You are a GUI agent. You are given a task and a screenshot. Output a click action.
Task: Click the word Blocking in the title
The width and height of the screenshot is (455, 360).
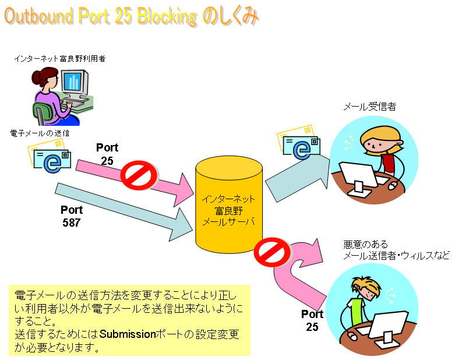(x=167, y=16)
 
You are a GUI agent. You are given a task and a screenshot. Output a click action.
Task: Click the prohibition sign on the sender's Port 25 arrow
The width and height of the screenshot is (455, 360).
(x=139, y=175)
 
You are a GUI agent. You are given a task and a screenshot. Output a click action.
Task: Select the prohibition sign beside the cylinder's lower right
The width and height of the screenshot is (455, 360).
(x=272, y=252)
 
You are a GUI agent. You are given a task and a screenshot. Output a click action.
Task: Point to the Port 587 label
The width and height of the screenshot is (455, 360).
(x=72, y=216)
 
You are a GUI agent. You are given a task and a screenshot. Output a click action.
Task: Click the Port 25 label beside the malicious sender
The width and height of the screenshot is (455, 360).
(x=312, y=320)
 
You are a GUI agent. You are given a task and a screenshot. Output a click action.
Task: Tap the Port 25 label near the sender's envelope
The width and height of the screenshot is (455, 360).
(x=107, y=154)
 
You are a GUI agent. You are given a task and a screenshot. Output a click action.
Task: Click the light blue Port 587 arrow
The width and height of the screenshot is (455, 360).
(x=124, y=212)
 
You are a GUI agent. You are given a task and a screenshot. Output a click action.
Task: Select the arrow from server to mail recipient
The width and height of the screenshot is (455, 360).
(x=298, y=178)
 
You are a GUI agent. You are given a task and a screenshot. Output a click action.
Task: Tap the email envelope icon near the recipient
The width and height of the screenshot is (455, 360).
(x=298, y=143)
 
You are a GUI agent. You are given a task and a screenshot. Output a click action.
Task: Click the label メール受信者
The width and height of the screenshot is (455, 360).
(x=370, y=107)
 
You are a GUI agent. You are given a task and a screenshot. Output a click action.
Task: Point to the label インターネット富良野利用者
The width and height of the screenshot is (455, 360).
(x=60, y=59)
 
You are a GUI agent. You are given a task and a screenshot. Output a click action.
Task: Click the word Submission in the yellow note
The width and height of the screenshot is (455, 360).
(x=128, y=334)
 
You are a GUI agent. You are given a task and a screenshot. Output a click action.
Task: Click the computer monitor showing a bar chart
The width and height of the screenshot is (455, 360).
(x=74, y=83)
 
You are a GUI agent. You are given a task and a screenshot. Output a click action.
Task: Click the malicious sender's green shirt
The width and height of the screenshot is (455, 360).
(x=357, y=312)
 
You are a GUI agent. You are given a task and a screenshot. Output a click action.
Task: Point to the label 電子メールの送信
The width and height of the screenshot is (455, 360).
(x=40, y=133)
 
